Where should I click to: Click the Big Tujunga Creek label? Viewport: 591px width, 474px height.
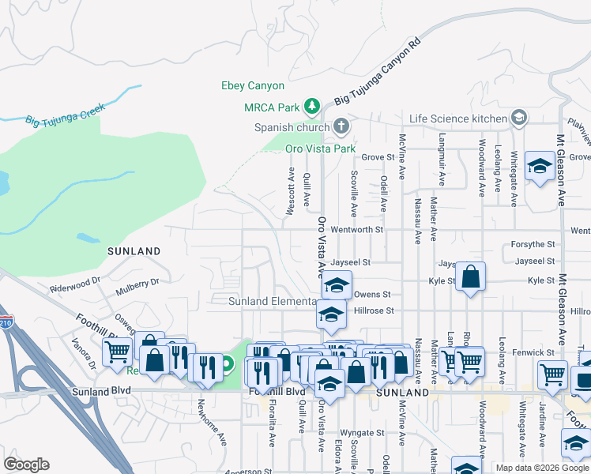(x=65, y=115)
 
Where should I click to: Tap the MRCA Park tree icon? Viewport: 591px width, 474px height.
(x=312, y=105)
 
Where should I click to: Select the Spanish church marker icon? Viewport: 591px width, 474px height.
(x=341, y=126)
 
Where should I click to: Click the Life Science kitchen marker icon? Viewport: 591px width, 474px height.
(x=518, y=118)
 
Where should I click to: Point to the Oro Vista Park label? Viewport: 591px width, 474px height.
(x=320, y=148)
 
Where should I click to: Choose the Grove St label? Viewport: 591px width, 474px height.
(x=378, y=157)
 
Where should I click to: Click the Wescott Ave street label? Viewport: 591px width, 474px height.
(x=292, y=190)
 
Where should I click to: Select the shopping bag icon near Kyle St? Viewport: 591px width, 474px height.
(x=470, y=277)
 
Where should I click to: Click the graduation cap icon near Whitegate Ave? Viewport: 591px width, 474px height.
(x=540, y=167)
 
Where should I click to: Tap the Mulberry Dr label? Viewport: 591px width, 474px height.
(x=137, y=283)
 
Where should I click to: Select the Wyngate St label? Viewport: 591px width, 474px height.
(x=362, y=433)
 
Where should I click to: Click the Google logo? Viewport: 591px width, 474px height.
(x=26, y=465)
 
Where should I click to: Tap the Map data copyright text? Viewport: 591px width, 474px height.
(x=542, y=468)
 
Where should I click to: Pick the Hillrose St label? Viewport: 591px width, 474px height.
(x=374, y=311)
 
